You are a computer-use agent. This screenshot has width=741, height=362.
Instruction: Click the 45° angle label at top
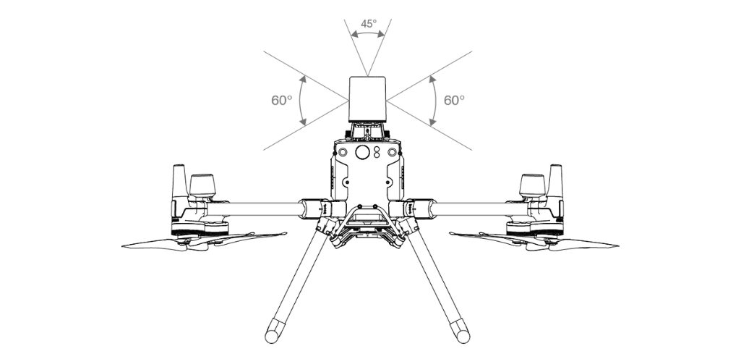point(369,23)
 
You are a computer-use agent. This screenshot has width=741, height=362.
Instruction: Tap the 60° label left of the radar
point(282,101)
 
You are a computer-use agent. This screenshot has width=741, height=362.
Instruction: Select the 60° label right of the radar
point(454,101)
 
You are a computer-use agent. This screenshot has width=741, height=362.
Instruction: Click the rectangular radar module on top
point(369,99)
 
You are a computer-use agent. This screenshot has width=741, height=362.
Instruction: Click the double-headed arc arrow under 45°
point(369,34)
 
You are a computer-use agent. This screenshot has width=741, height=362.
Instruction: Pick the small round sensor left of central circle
point(344,153)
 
